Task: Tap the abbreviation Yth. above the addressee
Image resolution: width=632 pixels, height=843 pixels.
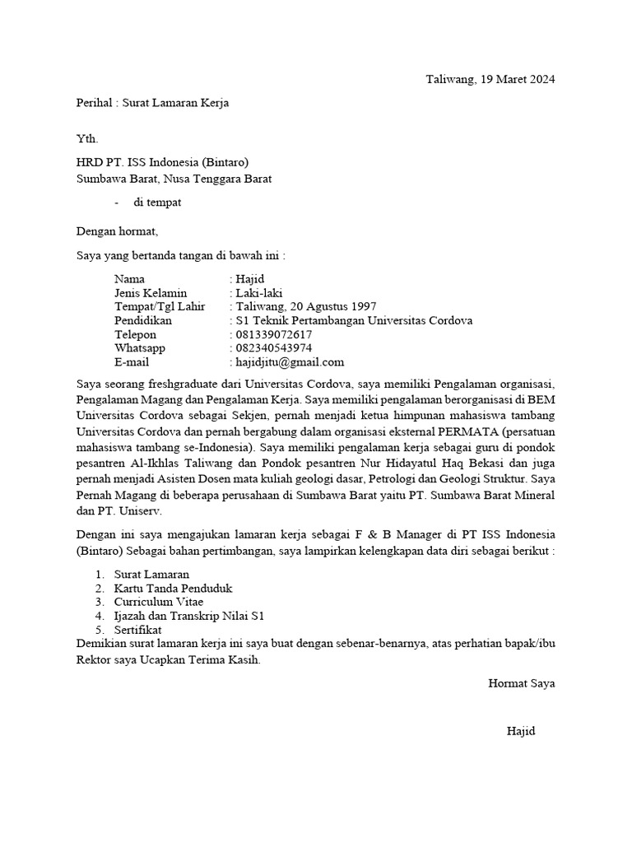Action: [x=87, y=138]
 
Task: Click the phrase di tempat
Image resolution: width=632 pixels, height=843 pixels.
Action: [x=157, y=203]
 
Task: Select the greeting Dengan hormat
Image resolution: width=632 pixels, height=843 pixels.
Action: [x=116, y=231]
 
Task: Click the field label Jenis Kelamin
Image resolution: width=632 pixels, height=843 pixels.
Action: [x=151, y=293]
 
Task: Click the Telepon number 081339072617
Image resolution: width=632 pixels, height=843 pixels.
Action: [x=274, y=335]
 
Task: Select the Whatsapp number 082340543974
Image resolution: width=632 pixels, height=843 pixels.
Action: [x=274, y=348]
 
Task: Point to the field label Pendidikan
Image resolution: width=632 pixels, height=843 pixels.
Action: [x=143, y=321]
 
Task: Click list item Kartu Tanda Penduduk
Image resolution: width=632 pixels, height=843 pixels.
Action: [x=173, y=589]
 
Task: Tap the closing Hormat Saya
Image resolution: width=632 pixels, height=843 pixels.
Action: [x=521, y=683]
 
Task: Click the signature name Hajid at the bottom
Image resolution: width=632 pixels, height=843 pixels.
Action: [x=521, y=731]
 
